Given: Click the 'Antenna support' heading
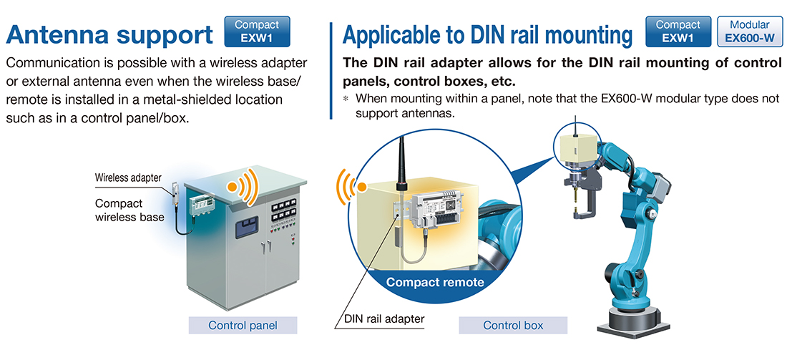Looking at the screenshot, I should pyautogui.click(x=109, y=34).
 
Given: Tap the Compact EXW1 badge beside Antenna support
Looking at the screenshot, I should pyautogui.click(x=257, y=31).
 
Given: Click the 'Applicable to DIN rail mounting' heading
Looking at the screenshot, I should pyautogui.click(x=488, y=34).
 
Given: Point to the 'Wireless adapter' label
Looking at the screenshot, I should pyautogui.click(x=128, y=177).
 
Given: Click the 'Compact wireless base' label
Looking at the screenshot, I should pyautogui.click(x=129, y=210).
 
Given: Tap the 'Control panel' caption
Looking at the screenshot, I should pyautogui.click(x=243, y=326).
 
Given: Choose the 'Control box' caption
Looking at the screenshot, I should pyautogui.click(x=513, y=326).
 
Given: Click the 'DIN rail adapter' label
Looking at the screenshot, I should pyautogui.click(x=384, y=318).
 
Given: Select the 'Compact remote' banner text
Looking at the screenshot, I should pyautogui.click(x=435, y=282).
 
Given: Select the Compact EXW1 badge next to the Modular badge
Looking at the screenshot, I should pyautogui.click(x=678, y=31).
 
